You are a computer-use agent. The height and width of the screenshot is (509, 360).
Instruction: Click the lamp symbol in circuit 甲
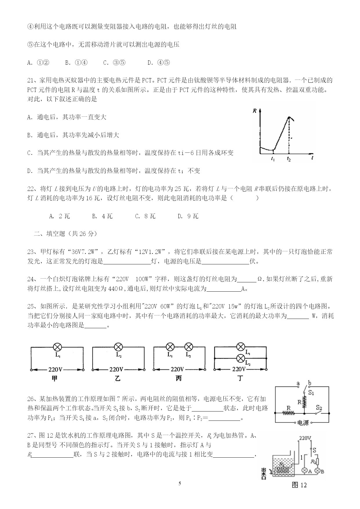pos(57,347)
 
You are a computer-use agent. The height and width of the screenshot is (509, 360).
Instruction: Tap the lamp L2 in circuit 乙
pos(118,347)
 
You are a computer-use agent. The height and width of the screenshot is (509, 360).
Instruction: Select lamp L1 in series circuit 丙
pos(170,347)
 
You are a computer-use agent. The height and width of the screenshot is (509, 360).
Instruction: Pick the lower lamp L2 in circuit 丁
pos(240,358)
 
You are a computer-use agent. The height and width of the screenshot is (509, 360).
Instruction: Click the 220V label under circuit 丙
pos(177,369)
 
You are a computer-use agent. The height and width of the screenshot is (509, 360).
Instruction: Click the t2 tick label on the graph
pos(289,159)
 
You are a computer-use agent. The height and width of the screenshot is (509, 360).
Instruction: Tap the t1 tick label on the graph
pos(273,159)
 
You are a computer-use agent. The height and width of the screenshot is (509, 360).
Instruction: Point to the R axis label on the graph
pos(254,110)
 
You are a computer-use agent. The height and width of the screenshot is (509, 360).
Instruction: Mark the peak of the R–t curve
pos(289,117)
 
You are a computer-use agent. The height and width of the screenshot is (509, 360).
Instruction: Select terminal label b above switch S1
pos(310,383)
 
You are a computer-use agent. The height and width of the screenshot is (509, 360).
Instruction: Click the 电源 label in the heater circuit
pos(303,423)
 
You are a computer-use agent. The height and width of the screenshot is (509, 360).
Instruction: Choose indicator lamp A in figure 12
pos(304,471)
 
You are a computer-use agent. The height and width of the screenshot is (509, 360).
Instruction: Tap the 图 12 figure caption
pos(299,485)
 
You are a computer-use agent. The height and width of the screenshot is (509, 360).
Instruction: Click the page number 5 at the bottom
pos(180,483)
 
